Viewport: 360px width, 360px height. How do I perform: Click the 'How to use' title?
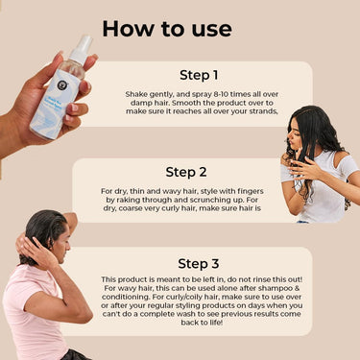pyautogui.click(x=167, y=29)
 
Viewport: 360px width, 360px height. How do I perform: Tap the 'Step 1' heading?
pyautogui.click(x=199, y=75)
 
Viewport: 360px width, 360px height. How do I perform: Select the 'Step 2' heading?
pyautogui.click(x=186, y=172)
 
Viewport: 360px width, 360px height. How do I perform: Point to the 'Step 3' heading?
pyautogui.click(x=199, y=264)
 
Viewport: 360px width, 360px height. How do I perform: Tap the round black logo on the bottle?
pyautogui.click(x=61, y=84)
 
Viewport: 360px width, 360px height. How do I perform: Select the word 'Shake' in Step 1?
pyautogui.click(x=136, y=94)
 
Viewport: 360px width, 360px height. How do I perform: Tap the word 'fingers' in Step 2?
pyautogui.click(x=251, y=191)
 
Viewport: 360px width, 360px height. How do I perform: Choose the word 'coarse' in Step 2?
pyautogui.click(x=131, y=208)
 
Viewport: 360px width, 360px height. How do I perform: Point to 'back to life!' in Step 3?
pyautogui.click(x=202, y=323)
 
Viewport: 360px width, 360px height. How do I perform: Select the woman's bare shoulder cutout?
pyautogui.click(x=339, y=157)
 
